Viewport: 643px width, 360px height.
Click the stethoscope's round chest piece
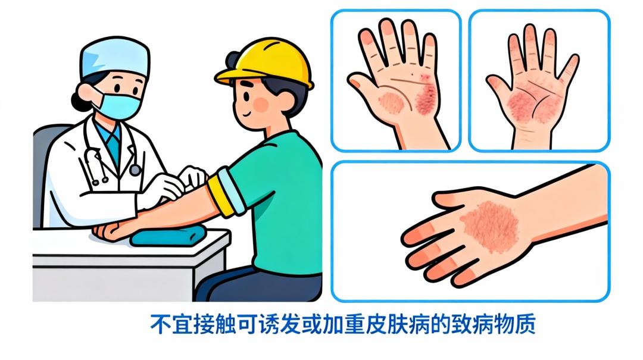[135, 170]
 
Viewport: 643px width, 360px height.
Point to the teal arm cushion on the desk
[168, 236]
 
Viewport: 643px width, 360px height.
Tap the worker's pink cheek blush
[261, 105]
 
